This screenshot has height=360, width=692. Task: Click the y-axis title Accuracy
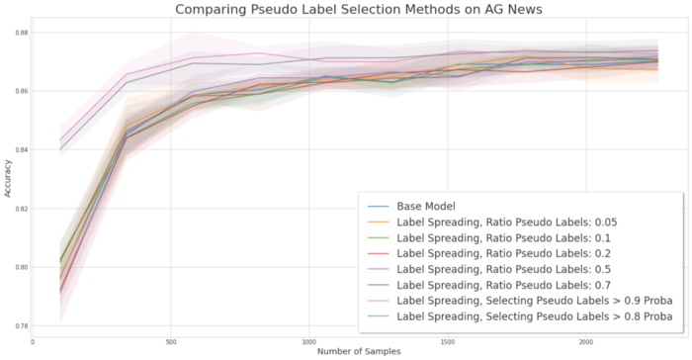point(9,178)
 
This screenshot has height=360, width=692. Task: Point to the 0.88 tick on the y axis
point(22,33)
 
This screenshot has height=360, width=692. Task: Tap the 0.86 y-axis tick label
point(22,91)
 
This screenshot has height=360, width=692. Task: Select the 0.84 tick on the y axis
point(22,150)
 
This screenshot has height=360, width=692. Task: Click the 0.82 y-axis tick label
point(22,209)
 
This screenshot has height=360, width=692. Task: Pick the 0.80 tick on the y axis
point(22,267)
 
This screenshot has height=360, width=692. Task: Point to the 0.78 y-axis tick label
point(22,325)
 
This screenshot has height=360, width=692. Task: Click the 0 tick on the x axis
point(33,340)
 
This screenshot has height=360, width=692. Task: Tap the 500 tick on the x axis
point(171,340)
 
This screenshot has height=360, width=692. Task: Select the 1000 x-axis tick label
point(309,340)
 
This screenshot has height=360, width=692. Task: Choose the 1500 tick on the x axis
point(448,340)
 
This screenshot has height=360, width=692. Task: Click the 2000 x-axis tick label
point(586,340)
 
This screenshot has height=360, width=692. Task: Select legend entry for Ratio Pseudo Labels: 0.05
point(514,222)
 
